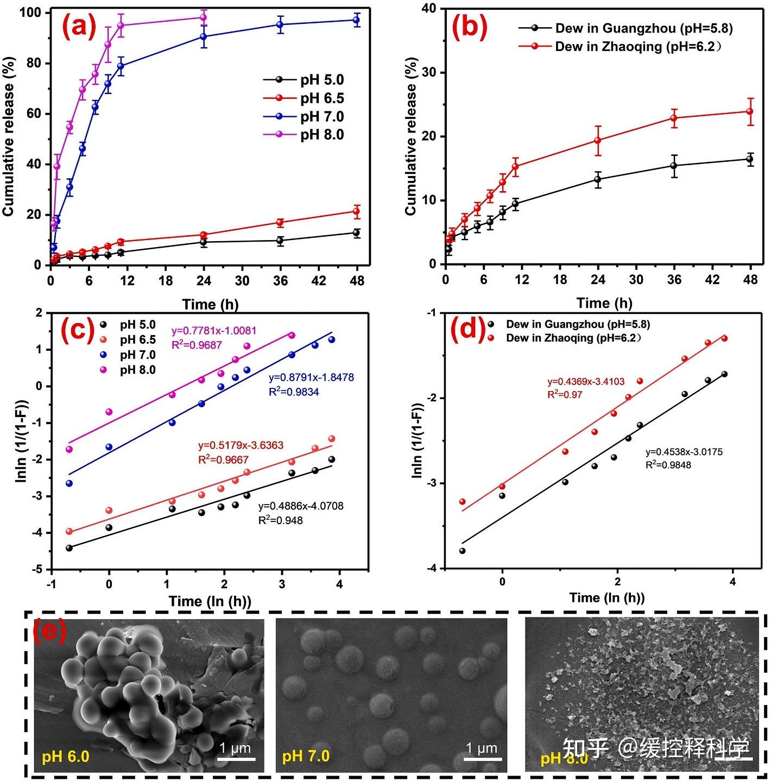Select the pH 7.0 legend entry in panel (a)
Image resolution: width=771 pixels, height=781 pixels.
pos(322,117)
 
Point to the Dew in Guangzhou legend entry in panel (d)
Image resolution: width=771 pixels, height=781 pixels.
pos(578,324)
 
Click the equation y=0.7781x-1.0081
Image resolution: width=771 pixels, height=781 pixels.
pos(214,330)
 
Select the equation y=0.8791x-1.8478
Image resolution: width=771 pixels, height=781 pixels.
pos(311,377)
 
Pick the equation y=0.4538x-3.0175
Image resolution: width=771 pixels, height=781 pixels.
pos(684,452)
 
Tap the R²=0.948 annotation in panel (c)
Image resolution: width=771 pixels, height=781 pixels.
pos(280,520)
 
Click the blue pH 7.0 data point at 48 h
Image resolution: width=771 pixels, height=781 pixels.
pos(357,20)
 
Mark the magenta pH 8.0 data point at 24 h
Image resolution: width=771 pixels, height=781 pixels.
pos(204,17)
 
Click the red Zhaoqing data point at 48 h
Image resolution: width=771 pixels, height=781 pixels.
pos(750,111)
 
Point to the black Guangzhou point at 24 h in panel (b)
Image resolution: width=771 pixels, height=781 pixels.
pos(598,179)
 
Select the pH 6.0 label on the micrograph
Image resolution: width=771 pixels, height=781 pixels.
pos(66,755)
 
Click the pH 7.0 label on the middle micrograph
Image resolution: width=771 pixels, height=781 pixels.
pos(306,755)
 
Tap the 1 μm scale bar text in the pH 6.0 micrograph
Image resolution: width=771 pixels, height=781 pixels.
pos(235,748)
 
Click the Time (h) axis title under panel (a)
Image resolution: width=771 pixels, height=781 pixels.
pos(210,304)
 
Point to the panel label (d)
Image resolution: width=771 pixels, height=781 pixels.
pos(468,329)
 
